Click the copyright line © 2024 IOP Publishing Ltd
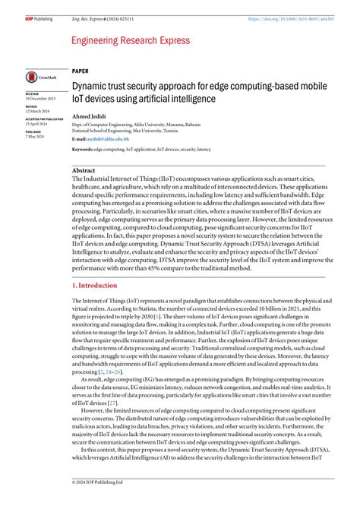click(93, 502)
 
